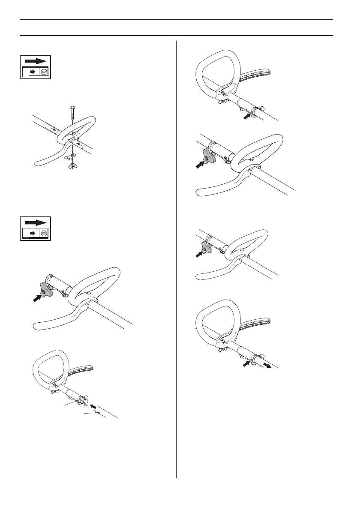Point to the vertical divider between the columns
(x=176, y=257)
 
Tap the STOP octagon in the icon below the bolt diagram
(x=44, y=234)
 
